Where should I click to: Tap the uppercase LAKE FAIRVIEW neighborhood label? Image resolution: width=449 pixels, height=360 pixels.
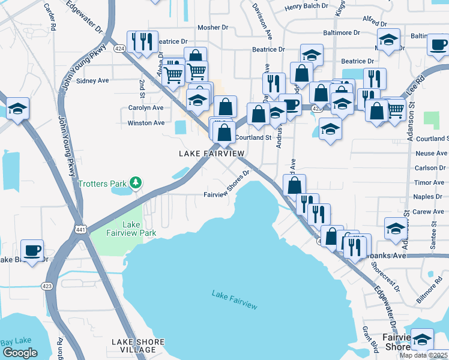pos(212,154)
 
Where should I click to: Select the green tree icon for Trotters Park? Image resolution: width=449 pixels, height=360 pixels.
pos(136,182)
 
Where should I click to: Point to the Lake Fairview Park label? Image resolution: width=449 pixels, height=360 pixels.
pos(131,229)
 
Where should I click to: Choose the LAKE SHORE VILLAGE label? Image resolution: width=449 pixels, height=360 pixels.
pos(134,346)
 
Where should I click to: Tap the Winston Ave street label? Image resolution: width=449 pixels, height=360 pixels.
pos(146,123)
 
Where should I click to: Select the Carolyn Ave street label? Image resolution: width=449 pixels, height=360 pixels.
pos(146,108)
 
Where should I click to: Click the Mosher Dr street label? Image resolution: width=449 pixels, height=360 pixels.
pos(212,28)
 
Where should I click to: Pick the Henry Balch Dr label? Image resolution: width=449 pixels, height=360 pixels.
pos(307,7)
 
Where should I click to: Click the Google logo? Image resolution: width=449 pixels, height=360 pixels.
pos(20,353)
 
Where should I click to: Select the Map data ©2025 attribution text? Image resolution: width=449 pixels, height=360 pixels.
pos(424,355)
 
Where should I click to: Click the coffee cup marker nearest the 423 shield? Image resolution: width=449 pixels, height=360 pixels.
pos(32,250)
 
